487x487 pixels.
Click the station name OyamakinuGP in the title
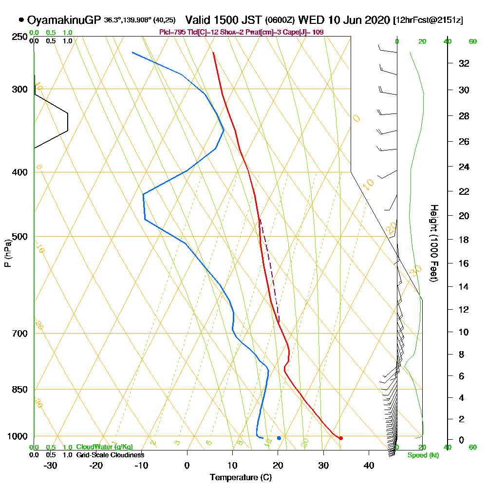[x=64, y=20]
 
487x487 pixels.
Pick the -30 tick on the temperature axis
[x=51, y=466]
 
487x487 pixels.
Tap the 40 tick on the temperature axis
[x=369, y=466]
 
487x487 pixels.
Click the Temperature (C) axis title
[x=241, y=478]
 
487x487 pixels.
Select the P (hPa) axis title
[x=7, y=253]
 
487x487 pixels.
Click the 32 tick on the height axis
[x=464, y=63]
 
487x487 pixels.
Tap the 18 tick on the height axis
[x=464, y=240]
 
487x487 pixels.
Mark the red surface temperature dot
[x=340, y=438]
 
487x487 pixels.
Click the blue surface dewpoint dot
[x=279, y=438]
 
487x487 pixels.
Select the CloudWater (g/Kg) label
[x=104, y=447]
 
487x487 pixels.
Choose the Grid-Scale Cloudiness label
[x=110, y=455]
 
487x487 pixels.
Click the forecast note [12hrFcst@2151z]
[x=428, y=20]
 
